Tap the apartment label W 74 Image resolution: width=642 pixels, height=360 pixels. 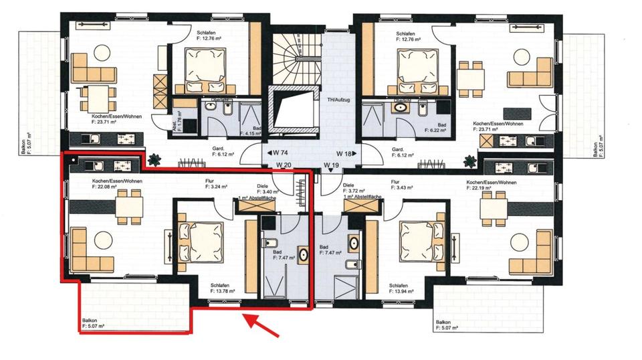coord(280,153)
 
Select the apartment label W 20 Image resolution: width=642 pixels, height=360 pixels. coord(284,165)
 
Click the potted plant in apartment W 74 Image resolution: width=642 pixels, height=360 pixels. coord(156,159)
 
